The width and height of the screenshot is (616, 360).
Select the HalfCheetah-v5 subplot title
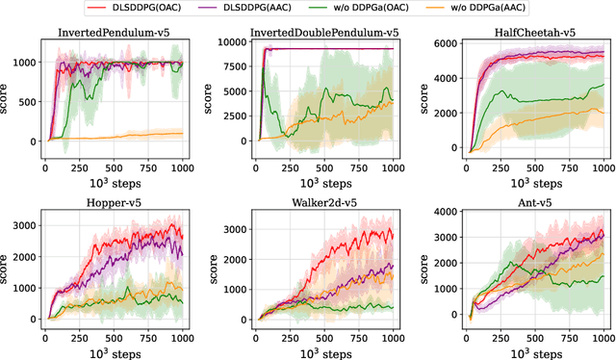click(525, 31)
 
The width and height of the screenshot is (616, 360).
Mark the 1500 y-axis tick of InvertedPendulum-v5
click(21, 39)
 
